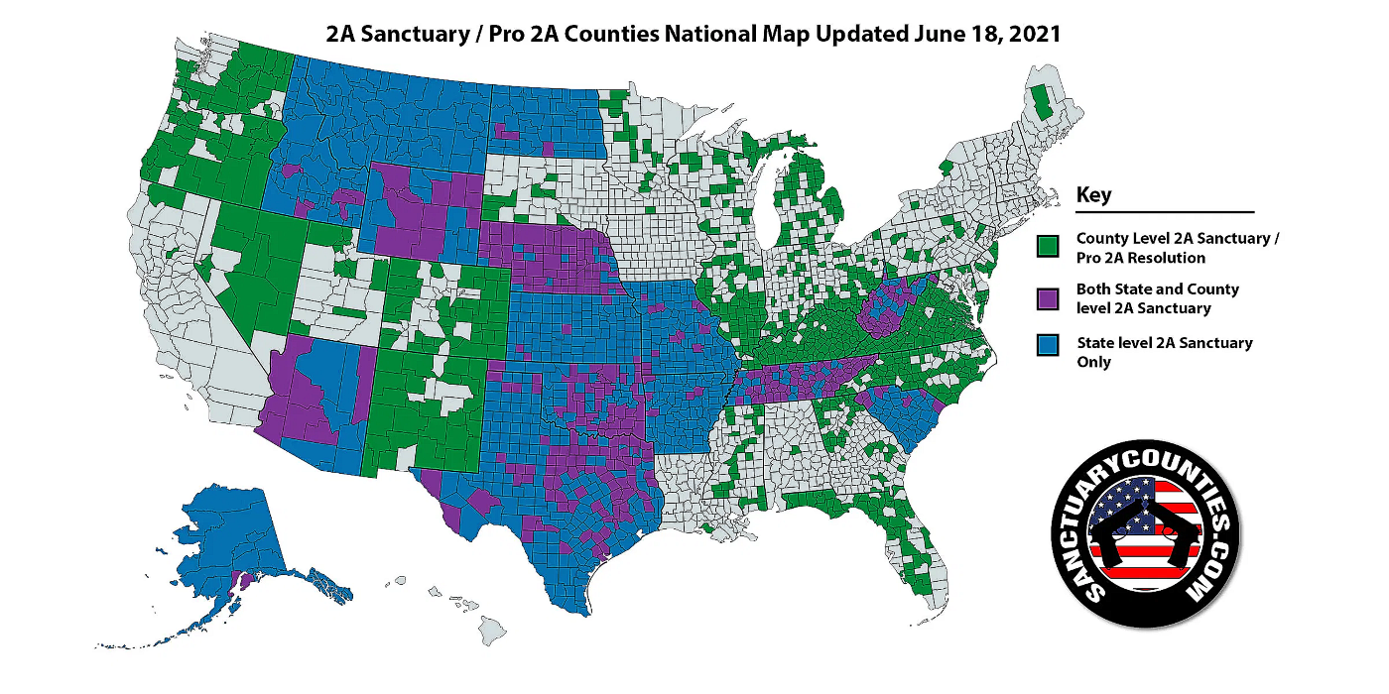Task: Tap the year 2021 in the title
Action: tap(1034, 33)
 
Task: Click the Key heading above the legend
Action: tap(1093, 195)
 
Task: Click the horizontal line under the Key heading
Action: tap(1165, 212)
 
